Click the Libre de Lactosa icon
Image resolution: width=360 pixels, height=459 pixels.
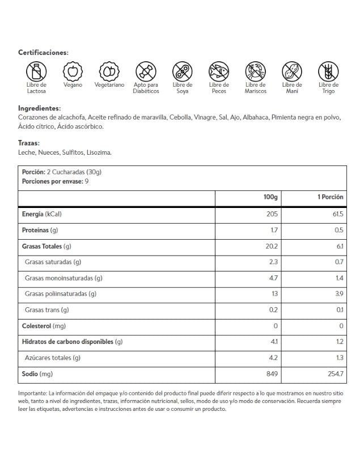click(36, 72)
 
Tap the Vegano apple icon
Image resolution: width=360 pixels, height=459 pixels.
click(73, 71)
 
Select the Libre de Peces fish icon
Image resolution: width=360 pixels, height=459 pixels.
click(219, 72)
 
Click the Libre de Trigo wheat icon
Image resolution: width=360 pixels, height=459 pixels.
click(328, 72)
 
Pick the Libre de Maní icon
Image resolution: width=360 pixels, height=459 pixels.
click(292, 72)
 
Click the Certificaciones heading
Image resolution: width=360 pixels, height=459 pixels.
click(43, 52)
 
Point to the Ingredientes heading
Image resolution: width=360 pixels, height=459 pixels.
click(39, 108)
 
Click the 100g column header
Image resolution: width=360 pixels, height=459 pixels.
click(270, 197)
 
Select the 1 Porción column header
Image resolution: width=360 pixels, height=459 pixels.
click(330, 197)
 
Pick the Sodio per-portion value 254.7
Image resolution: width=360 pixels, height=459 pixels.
click(333, 373)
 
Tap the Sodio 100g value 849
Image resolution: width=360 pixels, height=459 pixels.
click(272, 373)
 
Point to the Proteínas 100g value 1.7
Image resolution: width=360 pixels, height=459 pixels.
click(274, 231)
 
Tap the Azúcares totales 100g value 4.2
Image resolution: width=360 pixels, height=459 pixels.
click(273, 358)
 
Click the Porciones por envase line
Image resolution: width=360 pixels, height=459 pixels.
click(54, 181)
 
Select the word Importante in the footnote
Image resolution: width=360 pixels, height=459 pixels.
click(32, 393)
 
